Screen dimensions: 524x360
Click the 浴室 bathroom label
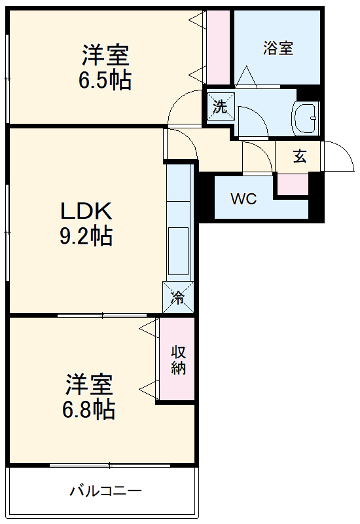coord(278,48)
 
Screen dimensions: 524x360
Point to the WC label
coord(243,199)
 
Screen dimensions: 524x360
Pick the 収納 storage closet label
coord(178,359)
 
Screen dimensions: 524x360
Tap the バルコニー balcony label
coord(105,491)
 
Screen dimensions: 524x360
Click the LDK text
coord(87,211)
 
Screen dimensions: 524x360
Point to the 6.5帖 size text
coord(105,80)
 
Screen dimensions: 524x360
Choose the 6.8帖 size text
coord(89,409)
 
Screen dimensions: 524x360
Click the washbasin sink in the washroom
coord(306,119)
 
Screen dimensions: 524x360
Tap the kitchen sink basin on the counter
coord(178,251)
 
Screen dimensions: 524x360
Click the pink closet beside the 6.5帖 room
coord(219,48)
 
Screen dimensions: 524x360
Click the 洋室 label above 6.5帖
coord(105,52)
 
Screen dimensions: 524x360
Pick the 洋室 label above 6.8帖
coord(89,383)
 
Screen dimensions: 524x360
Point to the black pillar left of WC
coord(205,197)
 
